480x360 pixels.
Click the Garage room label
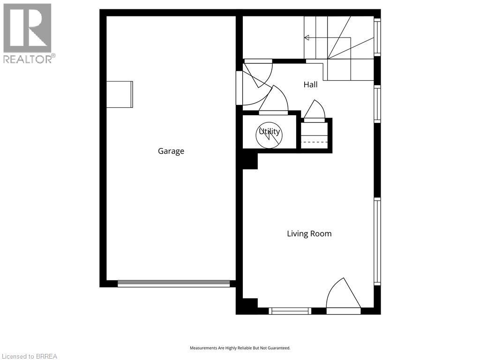171,151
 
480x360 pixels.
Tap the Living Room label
309,234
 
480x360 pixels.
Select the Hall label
310,84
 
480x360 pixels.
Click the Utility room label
270,131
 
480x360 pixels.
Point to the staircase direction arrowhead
307,37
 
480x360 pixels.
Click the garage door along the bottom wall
173,284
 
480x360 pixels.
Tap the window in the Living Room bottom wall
290,311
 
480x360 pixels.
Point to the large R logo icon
27,28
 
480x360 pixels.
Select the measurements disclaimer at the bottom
240,348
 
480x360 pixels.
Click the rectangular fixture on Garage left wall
120,94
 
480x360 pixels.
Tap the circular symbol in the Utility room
269,135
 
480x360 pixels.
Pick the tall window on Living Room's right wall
377,241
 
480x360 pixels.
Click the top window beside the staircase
377,37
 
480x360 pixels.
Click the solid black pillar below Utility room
250,159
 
